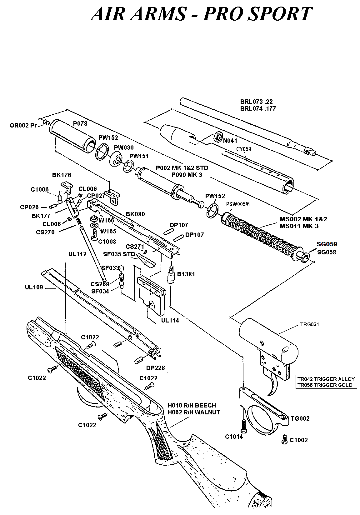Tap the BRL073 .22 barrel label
(x=256, y=102)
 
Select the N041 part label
(x=230, y=141)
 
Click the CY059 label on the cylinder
(x=243, y=149)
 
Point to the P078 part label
(x=80, y=123)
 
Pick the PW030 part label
(x=123, y=148)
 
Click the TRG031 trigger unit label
(x=309, y=324)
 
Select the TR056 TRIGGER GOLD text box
(x=325, y=385)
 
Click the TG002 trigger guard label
(x=300, y=418)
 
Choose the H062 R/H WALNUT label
(x=194, y=412)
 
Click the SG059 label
(x=327, y=244)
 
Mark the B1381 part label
(x=186, y=274)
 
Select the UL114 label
(x=170, y=320)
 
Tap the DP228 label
(x=155, y=368)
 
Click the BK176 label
(x=62, y=175)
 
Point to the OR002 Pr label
(x=23, y=126)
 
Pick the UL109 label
(x=34, y=287)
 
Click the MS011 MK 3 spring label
(x=299, y=226)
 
